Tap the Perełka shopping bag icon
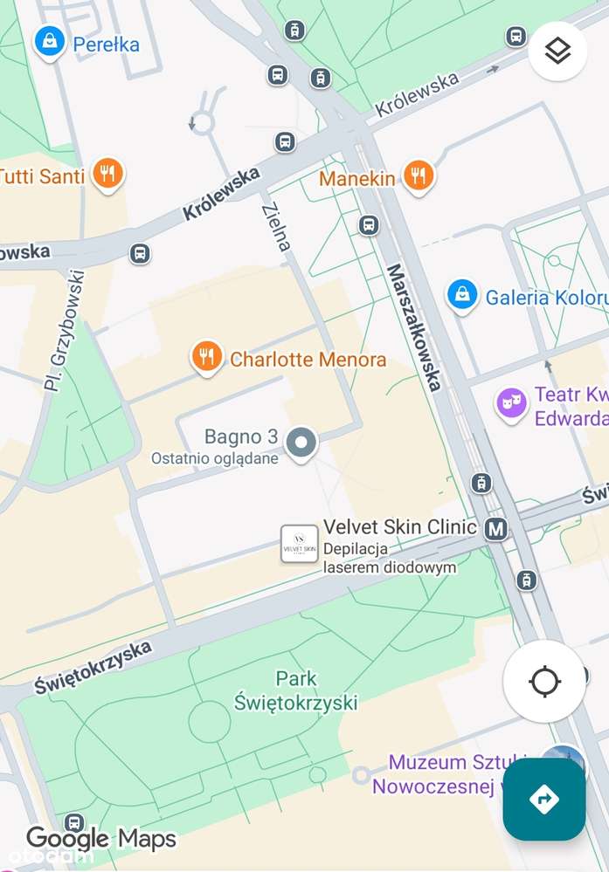(x=50, y=41)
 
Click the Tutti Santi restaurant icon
(x=107, y=174)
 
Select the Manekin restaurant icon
(x=419, y=175)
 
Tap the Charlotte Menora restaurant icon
(x=206, y=357)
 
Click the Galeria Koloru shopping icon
(x=461, y=295)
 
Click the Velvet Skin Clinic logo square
(x=299, y=544)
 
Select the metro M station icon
(x=496, y=528)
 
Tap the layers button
(x=557, y=51)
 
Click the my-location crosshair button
(x=544, y=681)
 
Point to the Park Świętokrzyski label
(x=296, y=690)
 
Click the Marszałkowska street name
(x=414, y=326)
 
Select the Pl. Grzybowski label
(x=66, y=329)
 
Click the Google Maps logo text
(x=100, y=839)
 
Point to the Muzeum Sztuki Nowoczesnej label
(x=446, y=773)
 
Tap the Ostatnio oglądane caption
(x=215, y=458)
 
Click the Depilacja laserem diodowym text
(x=389, y=558)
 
